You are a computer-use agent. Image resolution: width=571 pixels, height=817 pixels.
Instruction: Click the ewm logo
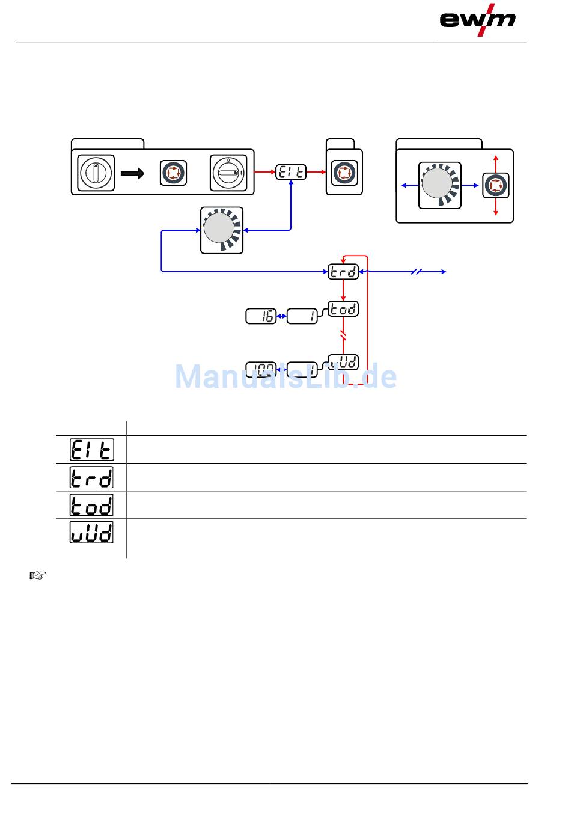pyautogui.click(x=477, y=20)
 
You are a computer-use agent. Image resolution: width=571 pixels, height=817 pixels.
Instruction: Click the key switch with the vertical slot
pyautogui.click(x=96, y=173)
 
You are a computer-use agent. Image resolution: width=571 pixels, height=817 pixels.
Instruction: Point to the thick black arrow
pyautogui.click(x=133, y=173)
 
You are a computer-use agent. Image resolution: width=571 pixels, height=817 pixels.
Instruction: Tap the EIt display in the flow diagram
pyautogui.click(x=291, y=172)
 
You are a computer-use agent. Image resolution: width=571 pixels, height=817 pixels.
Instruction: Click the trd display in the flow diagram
pyautogui.click(x=343, y=272)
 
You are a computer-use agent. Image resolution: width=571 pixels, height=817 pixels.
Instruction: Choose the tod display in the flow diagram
pyautogui.click(x=343, y=309)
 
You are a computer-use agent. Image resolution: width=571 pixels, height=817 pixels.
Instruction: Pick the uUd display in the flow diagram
pyautogui.click(x=343, y=362)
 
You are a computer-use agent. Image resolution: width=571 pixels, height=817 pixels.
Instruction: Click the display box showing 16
pyautogui.click(x=261, y=316)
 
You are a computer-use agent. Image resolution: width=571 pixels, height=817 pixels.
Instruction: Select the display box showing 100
pyautogui.click(x=261, y=369)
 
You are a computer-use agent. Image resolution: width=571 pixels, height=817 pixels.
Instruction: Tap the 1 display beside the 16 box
pyautogui.click(x=302, y=316)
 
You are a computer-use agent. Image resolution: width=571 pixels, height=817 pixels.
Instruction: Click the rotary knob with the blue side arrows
pyautogui.click(x=439, y=185)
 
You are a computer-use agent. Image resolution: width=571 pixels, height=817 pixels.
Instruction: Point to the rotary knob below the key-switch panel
pyautogui.click(x=221, y=230)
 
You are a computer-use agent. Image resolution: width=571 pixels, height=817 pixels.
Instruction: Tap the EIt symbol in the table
pyautogui.click(x=91, y=450)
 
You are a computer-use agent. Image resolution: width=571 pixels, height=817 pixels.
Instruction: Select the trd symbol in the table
pyautogui.click(x=91, y=477)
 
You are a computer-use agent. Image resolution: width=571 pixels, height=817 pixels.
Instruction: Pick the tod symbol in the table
pyautogui.click(x=91, y=505)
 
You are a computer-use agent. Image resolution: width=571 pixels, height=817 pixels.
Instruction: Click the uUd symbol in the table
pyautogui.click(x=91, y=533)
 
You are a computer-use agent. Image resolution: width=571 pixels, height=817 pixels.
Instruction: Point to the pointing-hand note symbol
pyautogui.click(x=38, y=575)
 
